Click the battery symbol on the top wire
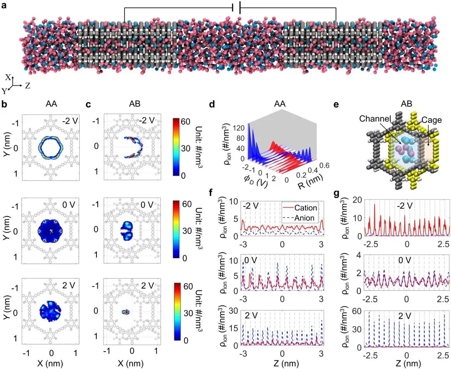tap(237, 8)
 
